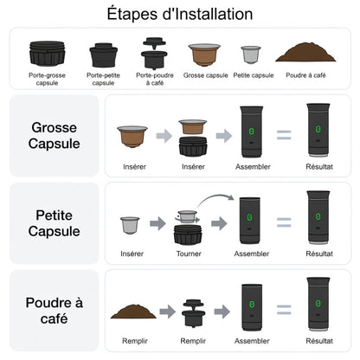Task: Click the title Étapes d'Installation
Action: (180, 14)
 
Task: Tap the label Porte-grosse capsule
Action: (47, 79)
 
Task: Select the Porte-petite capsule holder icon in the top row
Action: (103, 55)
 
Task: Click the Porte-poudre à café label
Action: (155, 79)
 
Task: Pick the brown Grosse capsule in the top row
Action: (204, 55)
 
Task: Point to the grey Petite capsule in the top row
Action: (251, 55)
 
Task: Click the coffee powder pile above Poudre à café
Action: (305, 52)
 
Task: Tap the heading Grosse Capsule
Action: (55, 136)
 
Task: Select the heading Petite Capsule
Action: (55, 223)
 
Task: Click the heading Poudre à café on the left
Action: (55, 311)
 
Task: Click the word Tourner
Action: (189, 254)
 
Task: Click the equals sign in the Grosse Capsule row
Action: (284, 135)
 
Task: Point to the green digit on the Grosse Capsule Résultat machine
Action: (318, 129)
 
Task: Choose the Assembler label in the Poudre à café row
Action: (252, 341)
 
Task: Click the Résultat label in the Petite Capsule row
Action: (319, 254)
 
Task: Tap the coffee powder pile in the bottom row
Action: (133, 312)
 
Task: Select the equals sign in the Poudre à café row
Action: (284, 310)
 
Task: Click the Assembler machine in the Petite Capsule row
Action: (250, 221)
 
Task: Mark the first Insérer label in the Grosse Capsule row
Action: (134, 167)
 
